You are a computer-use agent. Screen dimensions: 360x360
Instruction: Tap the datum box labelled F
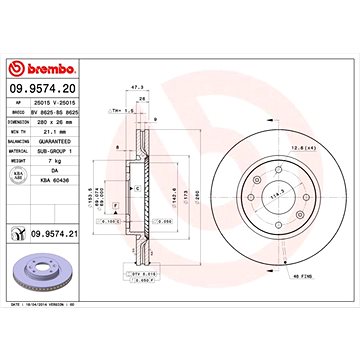[x=116, y=208]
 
